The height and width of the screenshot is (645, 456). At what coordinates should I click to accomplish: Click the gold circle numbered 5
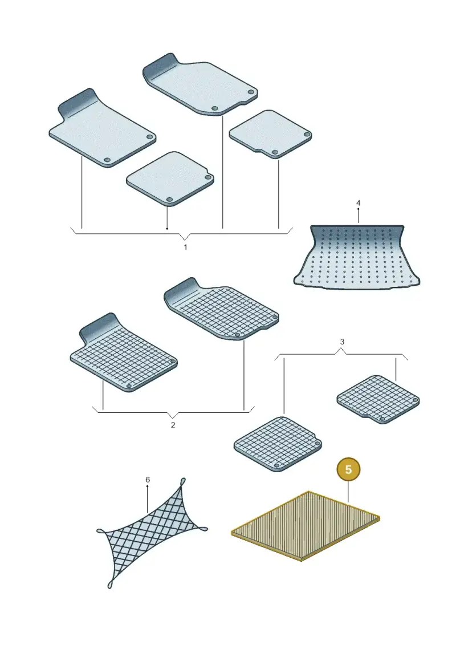pyautogui.click(x=348, y=469)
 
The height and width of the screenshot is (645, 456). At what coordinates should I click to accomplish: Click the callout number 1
pyautogui.click(x=185, y=248)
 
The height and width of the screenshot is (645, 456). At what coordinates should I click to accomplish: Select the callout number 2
pyautogui.click(x=173, y=425)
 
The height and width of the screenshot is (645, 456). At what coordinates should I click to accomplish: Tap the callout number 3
pyautogui.click(x=341, y=342)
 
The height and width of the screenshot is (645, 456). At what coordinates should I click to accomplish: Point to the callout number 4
pyautogui.click(x=358, y=203)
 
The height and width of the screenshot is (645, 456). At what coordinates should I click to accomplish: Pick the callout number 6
pyautogui.click(x=148, y=480)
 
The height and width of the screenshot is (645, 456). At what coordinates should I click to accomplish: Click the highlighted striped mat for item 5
pyautogui.click(x=306, y=526)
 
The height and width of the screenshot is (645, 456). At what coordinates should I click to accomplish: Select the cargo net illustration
pyautogui.click(x=152, y=533)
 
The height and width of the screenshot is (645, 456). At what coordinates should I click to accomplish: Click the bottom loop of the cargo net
pyautogui.click(x=110, y=584)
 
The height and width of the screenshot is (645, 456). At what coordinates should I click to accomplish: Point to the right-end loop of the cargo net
pyautogui.click(x=203, y=529)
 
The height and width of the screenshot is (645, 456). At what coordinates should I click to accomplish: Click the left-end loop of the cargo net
pyautogui.click(x=101, y=531)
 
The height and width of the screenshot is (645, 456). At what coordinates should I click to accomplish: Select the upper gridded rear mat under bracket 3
pyautogui.click(x=378, y=399)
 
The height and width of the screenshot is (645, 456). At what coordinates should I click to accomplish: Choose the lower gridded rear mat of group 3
pyautogui.click(x=278, y=444)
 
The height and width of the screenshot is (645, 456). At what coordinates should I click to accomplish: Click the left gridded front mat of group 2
pyautogui.click(x=123, y=354)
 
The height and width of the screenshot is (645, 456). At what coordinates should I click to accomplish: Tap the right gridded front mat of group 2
pyautogui.click(x=221, y=309)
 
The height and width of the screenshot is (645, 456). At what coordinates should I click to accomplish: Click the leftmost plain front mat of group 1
pyautogui.click(x=102, y=128)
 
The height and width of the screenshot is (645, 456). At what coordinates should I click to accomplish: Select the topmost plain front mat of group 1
pyautogui.click(x=200, y=84)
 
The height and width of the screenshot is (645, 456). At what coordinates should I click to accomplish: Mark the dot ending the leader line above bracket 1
pyautogui.click(x=167, y=228)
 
